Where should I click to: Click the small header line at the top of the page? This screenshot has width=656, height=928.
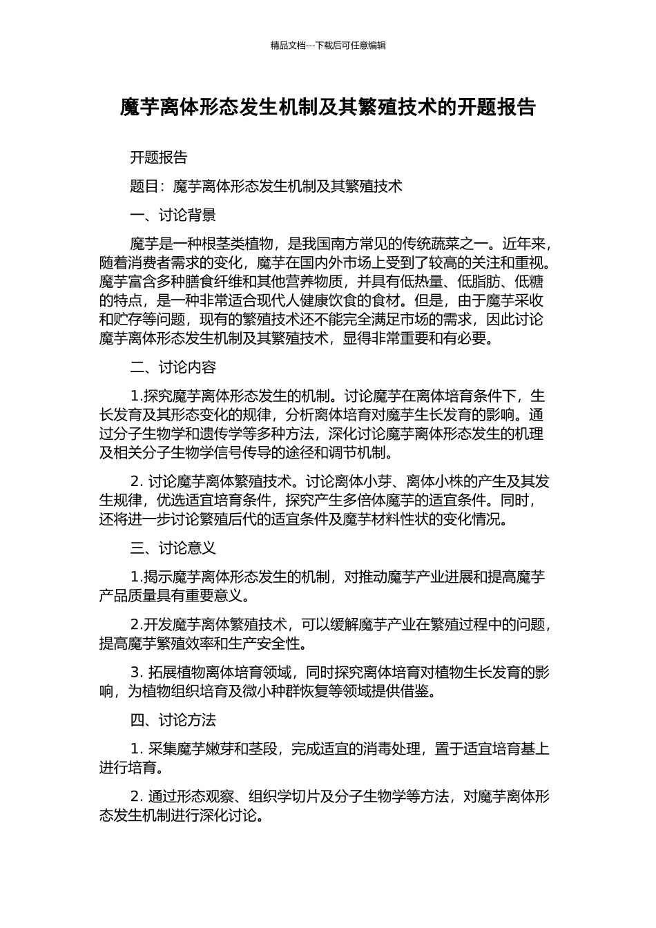pyautogui.click(x=328, y=46)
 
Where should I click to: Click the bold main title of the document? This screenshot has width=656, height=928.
pyautogui.click(x=328, y=108)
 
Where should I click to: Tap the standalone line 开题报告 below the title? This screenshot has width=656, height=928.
pyautogui.click(x=159, y=157)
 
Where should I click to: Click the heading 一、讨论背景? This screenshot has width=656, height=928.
pyautogui.click(x=173, y=215)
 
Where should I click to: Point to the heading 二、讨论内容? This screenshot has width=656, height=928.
pyautogui.click(x=173, y=367)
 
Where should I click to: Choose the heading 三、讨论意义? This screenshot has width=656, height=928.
pyautogui.click(x=173, y=548)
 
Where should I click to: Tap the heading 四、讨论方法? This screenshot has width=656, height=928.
pyautogui.click(x=173, y=720)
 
